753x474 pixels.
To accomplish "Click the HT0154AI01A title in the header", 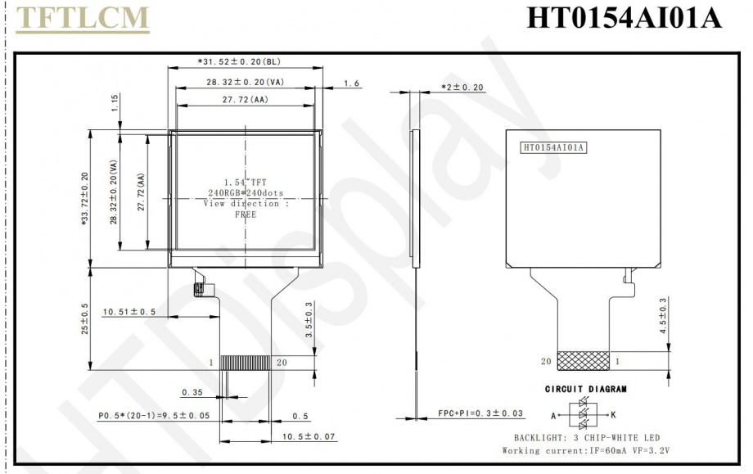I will [624, 18].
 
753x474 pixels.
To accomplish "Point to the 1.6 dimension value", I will [352, 83].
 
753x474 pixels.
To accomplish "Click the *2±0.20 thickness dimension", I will [462, 87].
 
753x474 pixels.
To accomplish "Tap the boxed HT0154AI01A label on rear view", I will [554, 147].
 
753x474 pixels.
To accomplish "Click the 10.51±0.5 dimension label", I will [129, 312].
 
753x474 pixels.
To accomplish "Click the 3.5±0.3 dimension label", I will [309, 320].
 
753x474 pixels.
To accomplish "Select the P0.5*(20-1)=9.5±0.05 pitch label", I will [154, 415].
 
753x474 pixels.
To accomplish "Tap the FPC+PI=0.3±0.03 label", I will [481, 413].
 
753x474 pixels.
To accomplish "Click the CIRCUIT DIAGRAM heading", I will [586, 389].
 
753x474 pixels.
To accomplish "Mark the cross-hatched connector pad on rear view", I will [582, 360].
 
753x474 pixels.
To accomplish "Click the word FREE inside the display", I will [246, 214].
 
